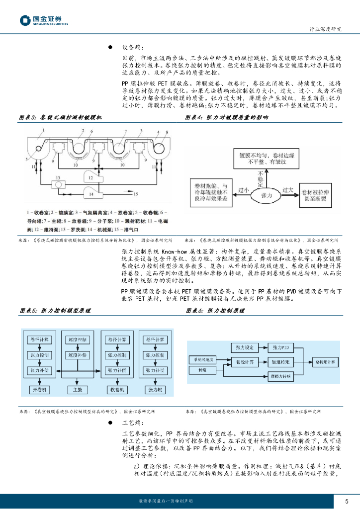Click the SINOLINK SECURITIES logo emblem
click(26, 20)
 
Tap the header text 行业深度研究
click(326, 29)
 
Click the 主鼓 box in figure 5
click(77, 389)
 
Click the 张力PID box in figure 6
click(281, 346)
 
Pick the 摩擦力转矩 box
click(281, 377)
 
